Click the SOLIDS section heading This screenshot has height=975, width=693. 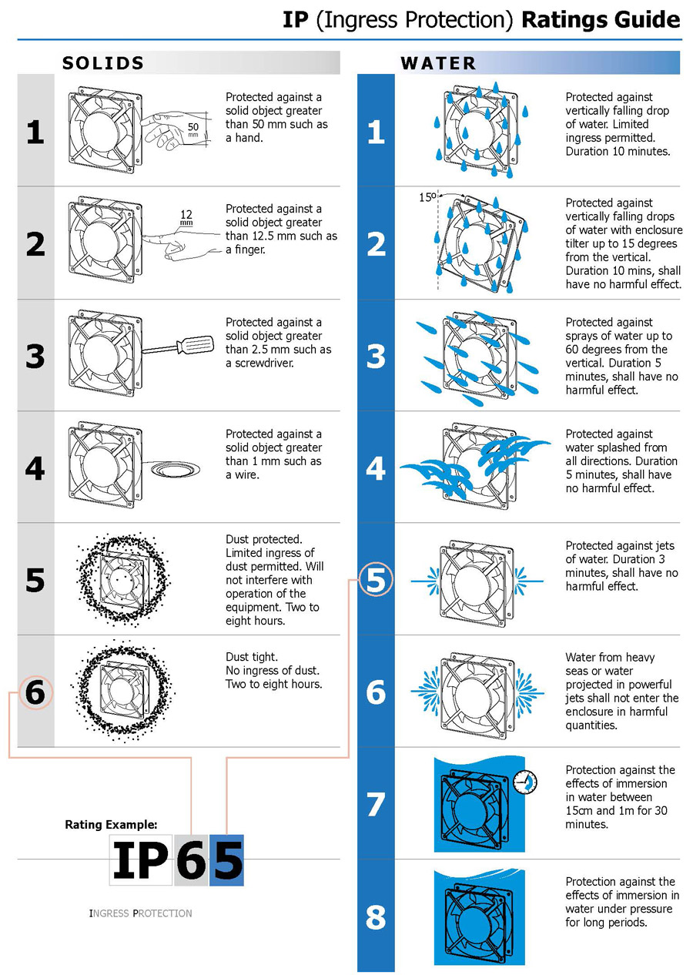[102, 63]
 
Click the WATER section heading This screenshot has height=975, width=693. [438, 63]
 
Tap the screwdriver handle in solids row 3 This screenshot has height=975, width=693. [196, 343]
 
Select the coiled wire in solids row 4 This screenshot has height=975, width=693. [176, 469]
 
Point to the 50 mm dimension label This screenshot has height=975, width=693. [192, 129]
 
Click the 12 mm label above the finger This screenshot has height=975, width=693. [186, 216]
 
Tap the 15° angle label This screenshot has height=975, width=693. [427, 197]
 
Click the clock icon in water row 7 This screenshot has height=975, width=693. [525, 782]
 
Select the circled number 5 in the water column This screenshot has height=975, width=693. [376, 580]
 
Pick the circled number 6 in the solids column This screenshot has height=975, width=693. [35, 692]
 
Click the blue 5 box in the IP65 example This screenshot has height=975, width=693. [226, 860]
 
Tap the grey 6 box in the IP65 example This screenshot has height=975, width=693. [192, 860]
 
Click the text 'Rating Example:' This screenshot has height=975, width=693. [111, 824]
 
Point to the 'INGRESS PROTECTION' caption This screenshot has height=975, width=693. [140, 913]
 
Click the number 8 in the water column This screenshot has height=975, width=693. [376, 917]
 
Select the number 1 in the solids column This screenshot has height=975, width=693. [35, 132]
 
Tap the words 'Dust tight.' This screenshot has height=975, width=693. [252, 657]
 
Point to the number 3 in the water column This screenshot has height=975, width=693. [376, 356]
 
